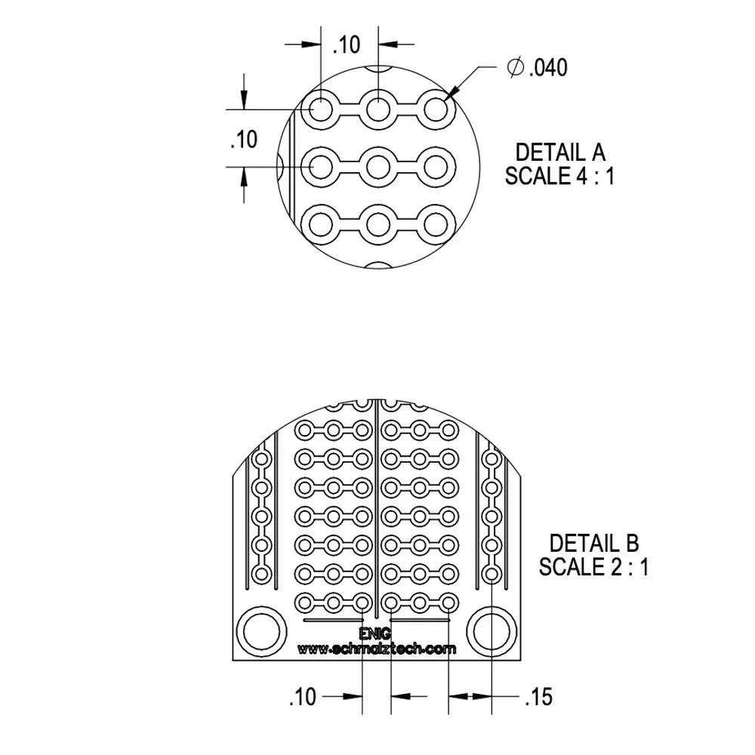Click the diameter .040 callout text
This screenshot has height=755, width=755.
(538, 67)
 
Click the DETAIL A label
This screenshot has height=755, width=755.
(560, 153)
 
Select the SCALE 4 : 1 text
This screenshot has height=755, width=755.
(559, 176)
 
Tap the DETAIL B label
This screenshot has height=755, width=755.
(594, 544)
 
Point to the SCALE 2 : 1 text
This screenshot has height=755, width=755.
(593, 567)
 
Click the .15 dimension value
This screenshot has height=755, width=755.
(539, 697)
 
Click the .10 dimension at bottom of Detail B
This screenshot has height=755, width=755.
(303, 697)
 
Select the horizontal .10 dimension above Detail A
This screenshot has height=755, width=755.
(347, 45)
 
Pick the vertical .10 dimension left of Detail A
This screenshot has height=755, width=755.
(244, 140)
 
